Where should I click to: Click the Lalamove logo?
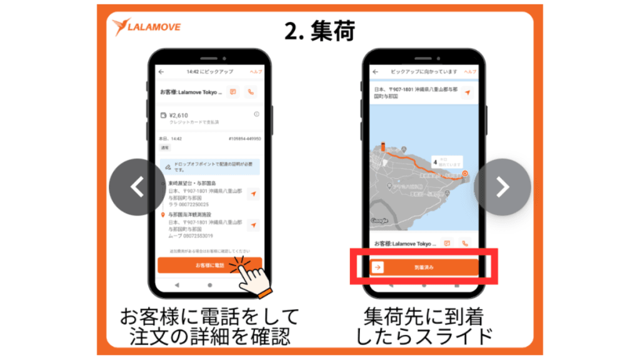click(x=147, y=27)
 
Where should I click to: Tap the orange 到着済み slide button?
click(x=424, y=267)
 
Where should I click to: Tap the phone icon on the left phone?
click(x=251, y=92)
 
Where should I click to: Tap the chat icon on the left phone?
click(x=232, y=92)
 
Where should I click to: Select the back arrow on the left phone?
click(x=161, y=72)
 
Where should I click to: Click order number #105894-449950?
click(x=244, y=139)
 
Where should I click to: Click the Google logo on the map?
click(x=380, y=221)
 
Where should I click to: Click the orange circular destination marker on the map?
click(x=466, y=173)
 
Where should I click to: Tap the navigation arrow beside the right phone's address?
click(x=466, y=92)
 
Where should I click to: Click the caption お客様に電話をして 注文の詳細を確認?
click(x=209, y=326)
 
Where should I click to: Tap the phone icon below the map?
click(x=464, y=243)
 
